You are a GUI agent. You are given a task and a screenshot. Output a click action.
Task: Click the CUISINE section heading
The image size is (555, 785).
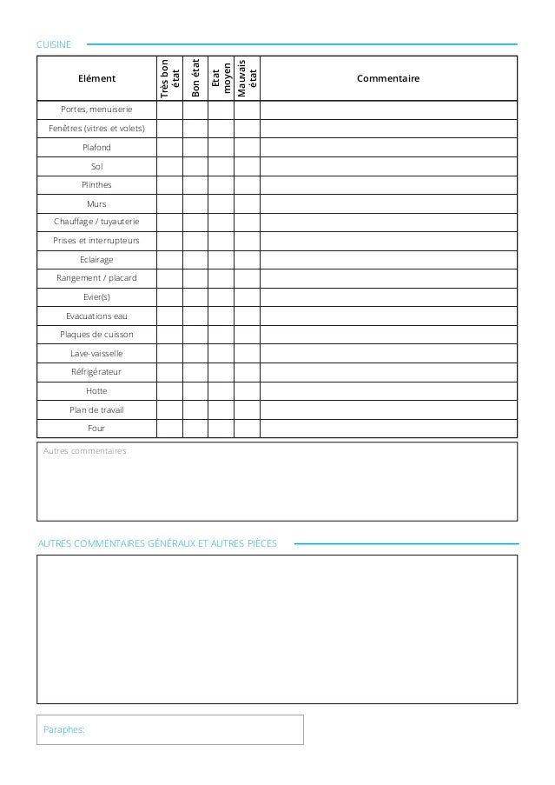coord(55,43)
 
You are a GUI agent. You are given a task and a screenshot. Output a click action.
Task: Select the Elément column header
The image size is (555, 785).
coord(96,78)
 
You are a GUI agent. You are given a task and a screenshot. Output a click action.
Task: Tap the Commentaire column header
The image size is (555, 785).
coord(387,78)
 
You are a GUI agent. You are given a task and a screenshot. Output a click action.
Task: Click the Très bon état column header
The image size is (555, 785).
coord(170,78)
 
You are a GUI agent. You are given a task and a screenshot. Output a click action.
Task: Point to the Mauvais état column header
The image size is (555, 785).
coord(247,78)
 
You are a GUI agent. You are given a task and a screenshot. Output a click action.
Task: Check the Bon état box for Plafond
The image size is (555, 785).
coord(195,148)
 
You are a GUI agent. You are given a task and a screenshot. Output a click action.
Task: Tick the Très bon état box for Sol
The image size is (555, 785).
coord(170,166)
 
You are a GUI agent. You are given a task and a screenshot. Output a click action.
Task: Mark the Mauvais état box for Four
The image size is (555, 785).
coord(247,428)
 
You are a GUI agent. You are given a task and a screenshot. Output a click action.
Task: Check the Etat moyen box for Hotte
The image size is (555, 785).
coord(221,390)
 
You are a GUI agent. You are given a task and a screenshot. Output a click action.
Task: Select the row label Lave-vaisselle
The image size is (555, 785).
coord(96,353)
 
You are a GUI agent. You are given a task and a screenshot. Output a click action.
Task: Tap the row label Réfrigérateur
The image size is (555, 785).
coord(96,372)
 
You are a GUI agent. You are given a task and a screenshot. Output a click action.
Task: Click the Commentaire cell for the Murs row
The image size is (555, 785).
coord(387,203)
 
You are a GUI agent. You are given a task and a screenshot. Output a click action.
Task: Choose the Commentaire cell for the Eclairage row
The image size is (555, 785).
coord(387,260)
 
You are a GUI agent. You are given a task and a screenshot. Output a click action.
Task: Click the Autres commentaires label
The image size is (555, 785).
coord(84,452)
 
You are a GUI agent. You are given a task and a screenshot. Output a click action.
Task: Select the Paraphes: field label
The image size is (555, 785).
coord(64,730)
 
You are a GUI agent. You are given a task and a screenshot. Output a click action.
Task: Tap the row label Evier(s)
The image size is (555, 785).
coord(96,297)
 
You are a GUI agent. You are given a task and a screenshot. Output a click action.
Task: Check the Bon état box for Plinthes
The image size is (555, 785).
coord(195,185)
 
